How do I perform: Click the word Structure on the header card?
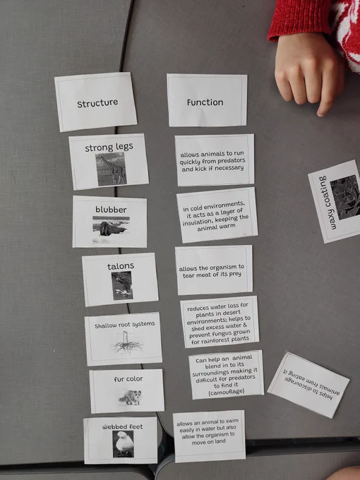[97, 103]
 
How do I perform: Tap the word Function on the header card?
[205, 102]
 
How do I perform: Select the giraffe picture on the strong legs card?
[111, 169]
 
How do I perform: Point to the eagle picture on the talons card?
[122, 286]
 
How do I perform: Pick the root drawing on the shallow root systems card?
[126, 343]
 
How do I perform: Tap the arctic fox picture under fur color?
[131, 397]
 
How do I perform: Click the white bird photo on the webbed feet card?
[123, 444]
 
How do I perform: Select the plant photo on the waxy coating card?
[346, 196]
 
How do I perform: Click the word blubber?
[111, 210]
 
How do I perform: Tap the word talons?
[121, 266]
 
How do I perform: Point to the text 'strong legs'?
[109, 148]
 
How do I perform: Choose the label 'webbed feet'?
[122, 426]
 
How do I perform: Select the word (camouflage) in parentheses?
[227, 392]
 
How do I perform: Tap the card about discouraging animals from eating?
[308, 385]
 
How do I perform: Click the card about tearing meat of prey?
[214, 270]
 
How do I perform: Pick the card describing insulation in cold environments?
[217, 215]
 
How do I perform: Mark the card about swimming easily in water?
[209, 436]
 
